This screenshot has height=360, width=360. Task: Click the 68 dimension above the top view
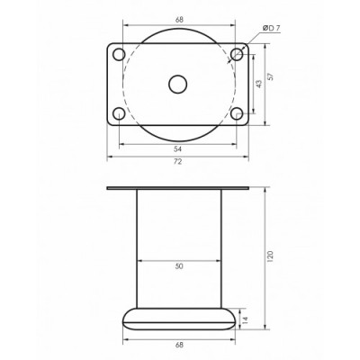pyautogui.click(x=179, y=20)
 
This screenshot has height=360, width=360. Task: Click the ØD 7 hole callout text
pyautogui.click(x=271, y=29)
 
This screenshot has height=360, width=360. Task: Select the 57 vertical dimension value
pyautogui.click(x=271, y=76)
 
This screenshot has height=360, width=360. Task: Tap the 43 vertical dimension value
pyautogui.click(x=259, y=84)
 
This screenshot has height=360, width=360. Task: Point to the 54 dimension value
pyautogui.click(x=178, y=148)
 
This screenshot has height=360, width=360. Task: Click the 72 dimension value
pyautogui.click(x=178, y=161)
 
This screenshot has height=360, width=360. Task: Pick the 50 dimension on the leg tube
pyautogui.click(x=179, y=266)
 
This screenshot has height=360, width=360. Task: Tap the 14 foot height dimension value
pyautogui.click(x=246, y=319)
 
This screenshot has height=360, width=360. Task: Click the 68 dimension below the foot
pyautogui.click(x=179, y=345)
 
